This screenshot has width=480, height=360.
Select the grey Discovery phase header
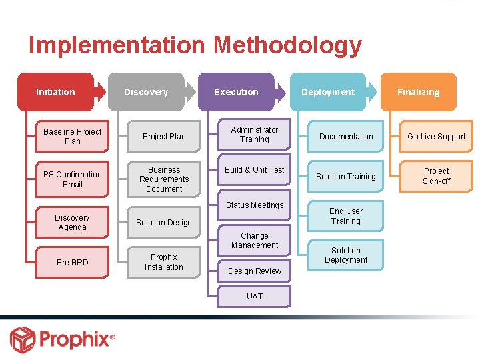[x=146, y=92]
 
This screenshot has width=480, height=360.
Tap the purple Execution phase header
[x=236, y=92]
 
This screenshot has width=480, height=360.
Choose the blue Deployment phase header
[x=328, y=92]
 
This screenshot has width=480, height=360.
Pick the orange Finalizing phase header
[x=418, y=92]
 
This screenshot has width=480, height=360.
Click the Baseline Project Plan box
[x=73, y=137]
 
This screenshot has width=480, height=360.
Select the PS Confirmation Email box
[x=73, y=179]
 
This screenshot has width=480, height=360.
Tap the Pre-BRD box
[x=73, y=263]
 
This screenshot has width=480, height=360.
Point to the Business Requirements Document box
[x=164, y=179]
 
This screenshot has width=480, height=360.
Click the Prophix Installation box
[x=164, y=262]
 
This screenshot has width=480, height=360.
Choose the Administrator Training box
[x=255, y=135]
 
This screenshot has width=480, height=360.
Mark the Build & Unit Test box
[x=255, y=170]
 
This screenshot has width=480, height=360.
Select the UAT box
[x=255, y=297]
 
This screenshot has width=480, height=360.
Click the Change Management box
[x=255, y=241]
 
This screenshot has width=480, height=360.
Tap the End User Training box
[x=346, y=216]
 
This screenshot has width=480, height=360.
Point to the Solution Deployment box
[x=346, y=255]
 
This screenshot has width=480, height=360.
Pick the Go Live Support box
[x=437, y=137]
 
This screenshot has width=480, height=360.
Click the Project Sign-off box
[x=437, y=176]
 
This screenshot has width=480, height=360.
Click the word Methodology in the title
[x=287, y=45]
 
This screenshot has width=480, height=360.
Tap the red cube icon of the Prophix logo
[x=23, y=339]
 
